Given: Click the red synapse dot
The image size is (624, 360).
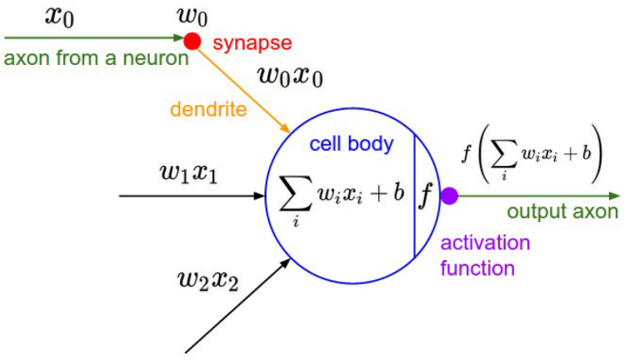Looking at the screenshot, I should point(192,39).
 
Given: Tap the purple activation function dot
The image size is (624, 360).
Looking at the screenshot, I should point(449,197).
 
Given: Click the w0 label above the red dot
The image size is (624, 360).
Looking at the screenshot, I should point(191,15).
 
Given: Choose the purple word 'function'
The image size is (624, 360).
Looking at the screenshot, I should point(477,268).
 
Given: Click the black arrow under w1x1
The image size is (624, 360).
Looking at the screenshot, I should point(192,197).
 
